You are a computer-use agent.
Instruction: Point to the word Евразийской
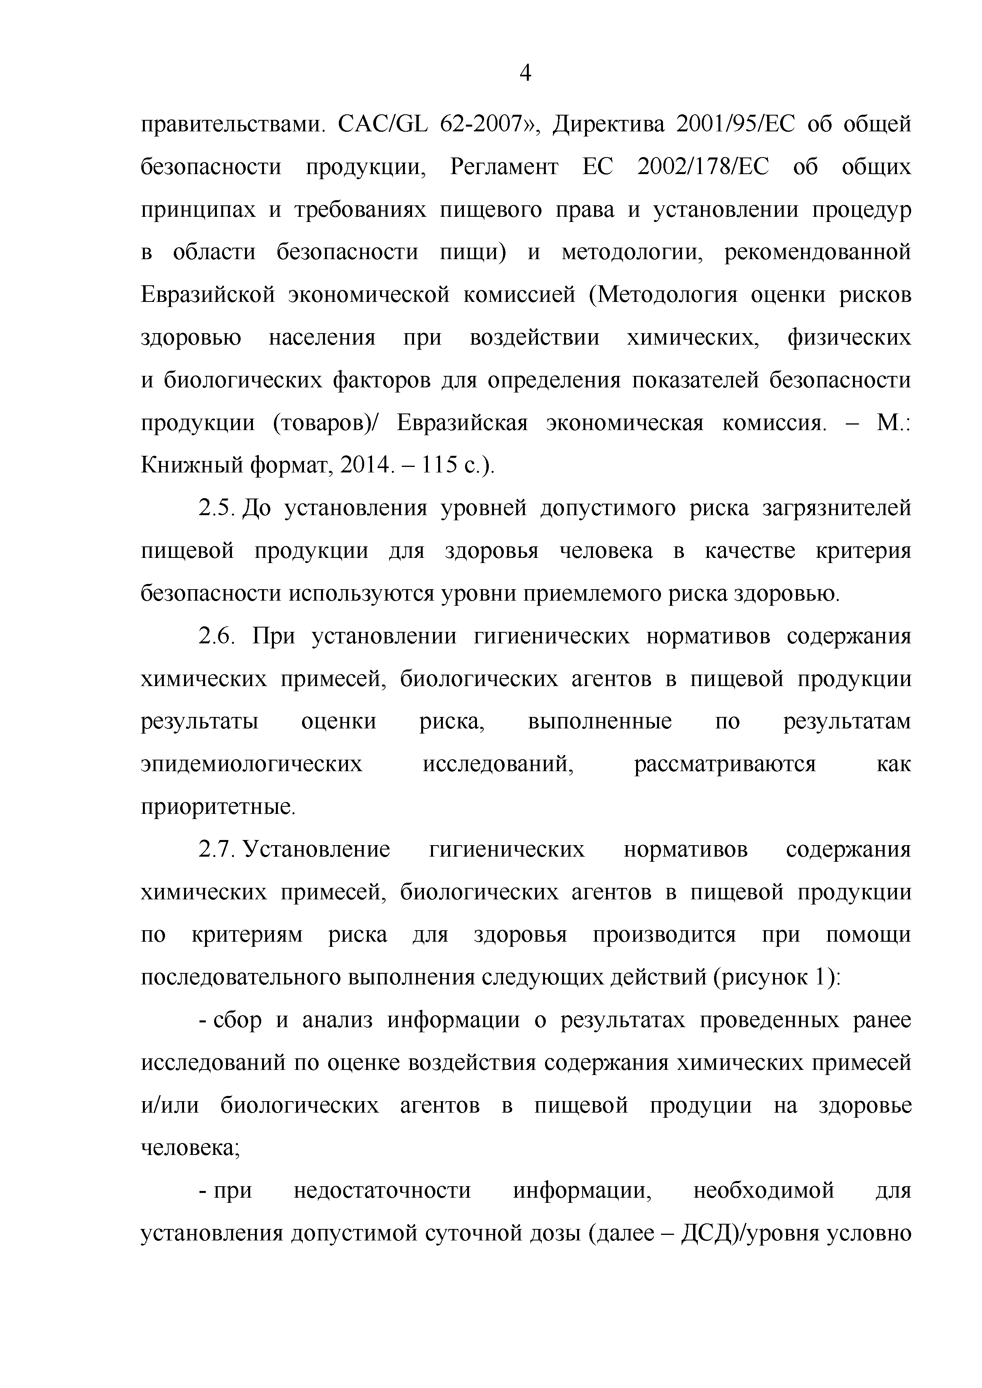(208, 295)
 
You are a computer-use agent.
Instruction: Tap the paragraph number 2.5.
(216, 508)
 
